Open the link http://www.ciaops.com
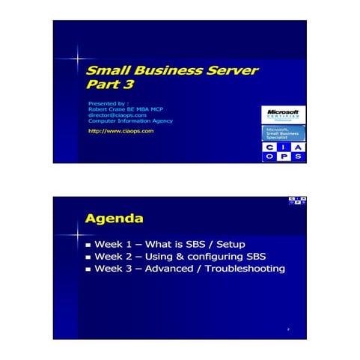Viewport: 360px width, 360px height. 120,130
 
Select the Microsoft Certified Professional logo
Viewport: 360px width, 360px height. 284,114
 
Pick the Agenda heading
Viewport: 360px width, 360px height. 114,219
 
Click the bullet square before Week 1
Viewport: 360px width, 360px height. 88,245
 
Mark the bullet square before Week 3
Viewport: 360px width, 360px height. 88,269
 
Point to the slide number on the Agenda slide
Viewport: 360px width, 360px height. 288,329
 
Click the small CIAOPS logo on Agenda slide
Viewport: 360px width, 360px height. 296,201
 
